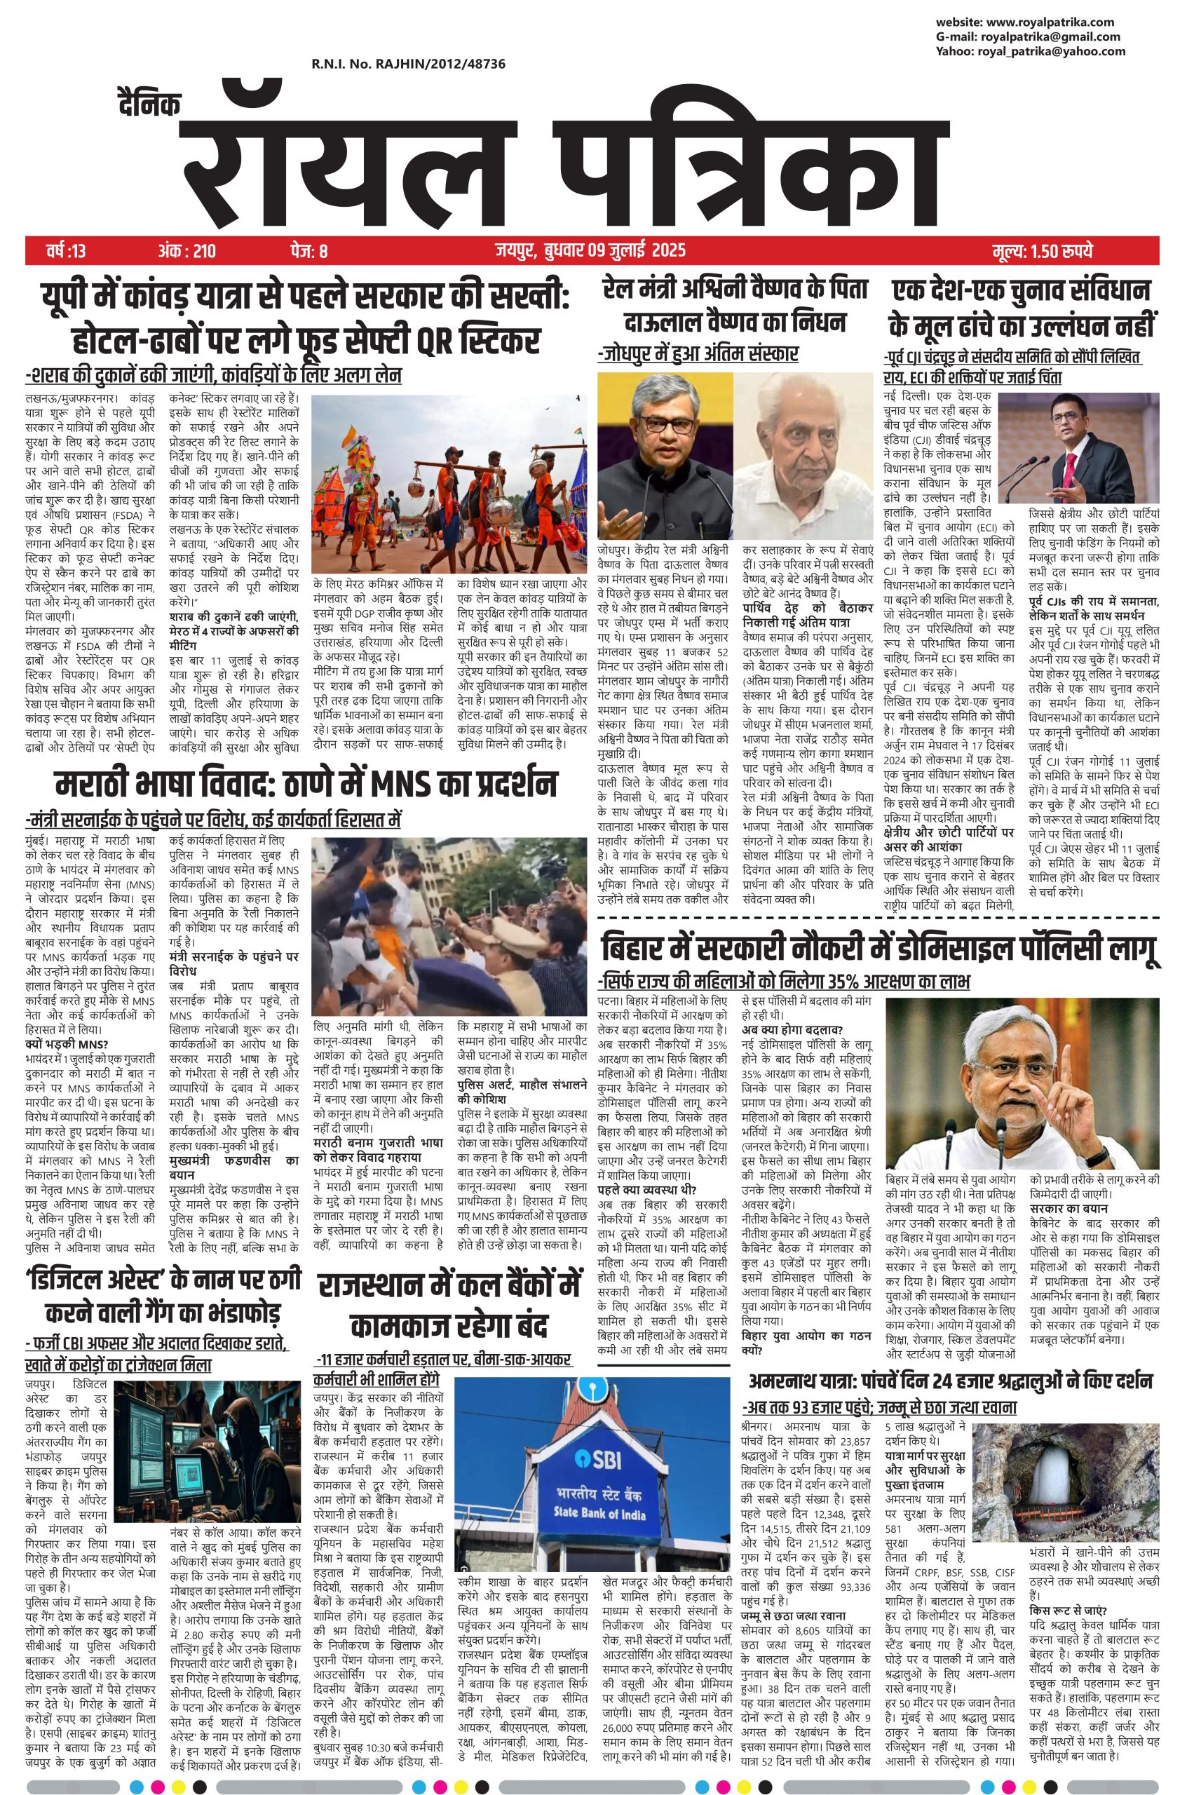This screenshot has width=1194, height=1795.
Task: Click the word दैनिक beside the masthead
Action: tap(149, 105)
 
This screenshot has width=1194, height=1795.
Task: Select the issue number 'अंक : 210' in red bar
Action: tap(187, 250)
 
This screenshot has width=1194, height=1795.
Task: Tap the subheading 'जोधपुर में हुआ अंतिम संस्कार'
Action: tap(698, 353)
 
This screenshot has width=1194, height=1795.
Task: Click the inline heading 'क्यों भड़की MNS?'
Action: tap(67, 1044)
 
